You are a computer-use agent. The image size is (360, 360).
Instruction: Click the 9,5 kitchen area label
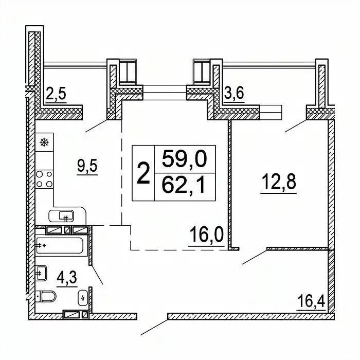[87, 166]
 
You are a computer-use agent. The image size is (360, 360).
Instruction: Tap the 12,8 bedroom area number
[279, 182]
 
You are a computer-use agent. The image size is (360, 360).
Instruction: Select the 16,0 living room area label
[206, 234]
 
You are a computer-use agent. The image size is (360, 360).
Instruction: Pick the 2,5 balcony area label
[56, 94]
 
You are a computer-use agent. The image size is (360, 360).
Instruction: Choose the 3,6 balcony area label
[234, 93]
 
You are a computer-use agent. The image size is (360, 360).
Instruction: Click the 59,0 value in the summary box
[184, 159]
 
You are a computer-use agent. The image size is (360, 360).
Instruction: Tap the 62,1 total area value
[183, 186]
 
